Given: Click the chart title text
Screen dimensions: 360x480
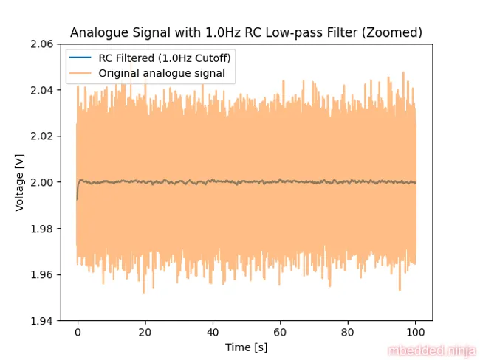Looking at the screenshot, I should point(246,32).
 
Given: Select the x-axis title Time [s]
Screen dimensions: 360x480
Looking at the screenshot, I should point(246,347).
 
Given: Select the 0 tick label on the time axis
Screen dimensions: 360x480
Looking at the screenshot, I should point(78,333).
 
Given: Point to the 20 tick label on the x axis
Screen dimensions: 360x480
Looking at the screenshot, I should point(145,333).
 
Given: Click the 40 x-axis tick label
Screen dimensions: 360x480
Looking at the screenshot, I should point(213,333).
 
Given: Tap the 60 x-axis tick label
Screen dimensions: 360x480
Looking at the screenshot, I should point(281,333).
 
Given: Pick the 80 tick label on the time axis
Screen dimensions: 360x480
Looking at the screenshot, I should point(348,333).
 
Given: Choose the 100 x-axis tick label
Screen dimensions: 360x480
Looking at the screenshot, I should point(416,333).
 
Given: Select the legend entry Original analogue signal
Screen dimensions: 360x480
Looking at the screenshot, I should point(161,72).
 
